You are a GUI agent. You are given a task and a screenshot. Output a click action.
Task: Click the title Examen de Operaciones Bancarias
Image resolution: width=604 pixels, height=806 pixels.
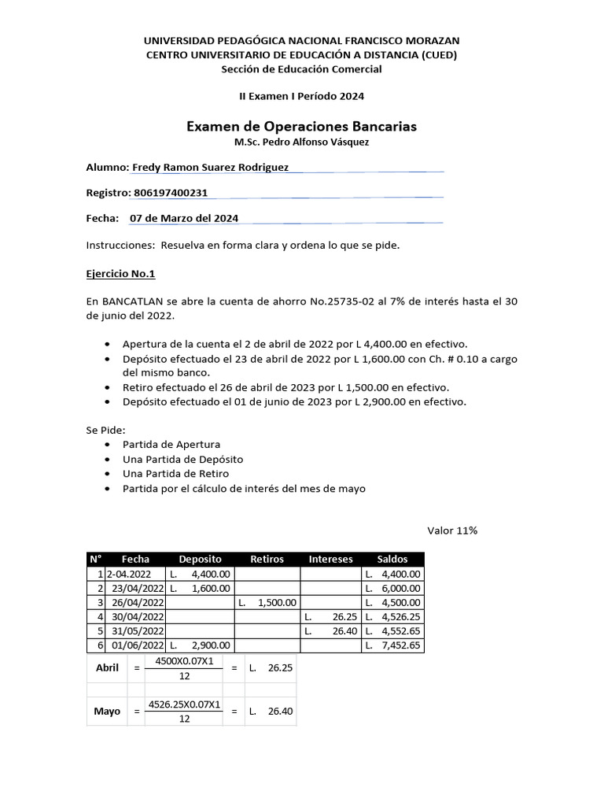pyautogui.click(x=301, y=126)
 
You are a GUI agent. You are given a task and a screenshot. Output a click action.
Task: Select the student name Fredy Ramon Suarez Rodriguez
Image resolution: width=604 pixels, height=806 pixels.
pyautogui.click(x=210, y=167)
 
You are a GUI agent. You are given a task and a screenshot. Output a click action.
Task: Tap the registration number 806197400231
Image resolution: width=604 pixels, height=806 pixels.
pyautogui.click(x=171, y=193)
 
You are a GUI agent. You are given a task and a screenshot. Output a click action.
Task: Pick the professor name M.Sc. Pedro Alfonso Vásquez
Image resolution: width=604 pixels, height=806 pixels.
pyautogui.click(x=301, y=142)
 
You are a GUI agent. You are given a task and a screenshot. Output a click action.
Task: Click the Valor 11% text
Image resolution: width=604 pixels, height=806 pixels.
pyautogui.click(x=452, y=531)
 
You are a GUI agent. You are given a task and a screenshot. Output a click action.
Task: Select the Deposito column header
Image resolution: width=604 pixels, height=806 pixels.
pyautogui.click(x=201, y=559)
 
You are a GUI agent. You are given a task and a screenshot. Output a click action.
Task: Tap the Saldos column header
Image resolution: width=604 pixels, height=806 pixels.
pyautogui.click(x=392, y=559)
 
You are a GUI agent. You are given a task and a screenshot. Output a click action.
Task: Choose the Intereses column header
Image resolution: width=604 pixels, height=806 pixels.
pyautogui.click(x=330, y=559)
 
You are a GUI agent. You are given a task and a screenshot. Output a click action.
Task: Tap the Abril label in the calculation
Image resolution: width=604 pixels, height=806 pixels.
pyautogui.click(x=106, y=667)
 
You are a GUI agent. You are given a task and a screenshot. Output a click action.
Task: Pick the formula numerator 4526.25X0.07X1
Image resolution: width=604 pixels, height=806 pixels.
pyautogui.click(x=184, y=704)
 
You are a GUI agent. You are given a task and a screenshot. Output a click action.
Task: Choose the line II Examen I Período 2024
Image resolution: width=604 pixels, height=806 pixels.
pyautogui.click(x=301, y=96)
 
